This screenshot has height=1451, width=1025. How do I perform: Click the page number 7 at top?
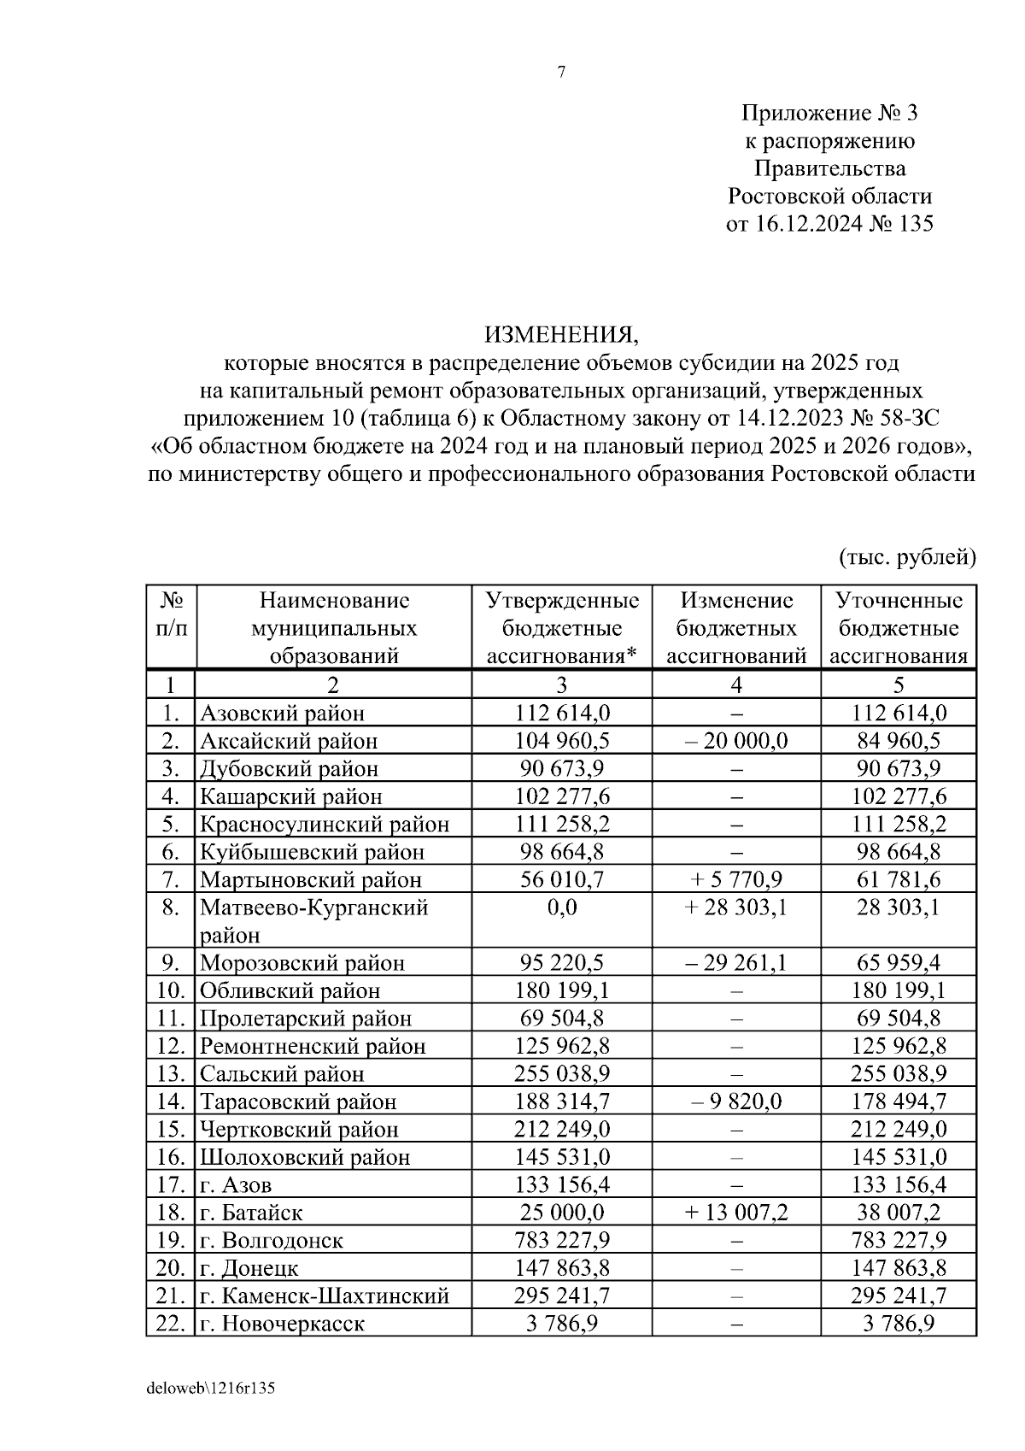point(561,73)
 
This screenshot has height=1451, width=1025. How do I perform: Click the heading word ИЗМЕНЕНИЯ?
point(561,333)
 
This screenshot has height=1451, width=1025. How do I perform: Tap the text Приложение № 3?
point(829,114)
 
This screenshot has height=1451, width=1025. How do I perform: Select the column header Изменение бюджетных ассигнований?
point(736,628)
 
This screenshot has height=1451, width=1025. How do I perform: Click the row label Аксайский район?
point(289,741)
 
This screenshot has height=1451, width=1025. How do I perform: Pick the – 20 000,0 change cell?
point(736,740)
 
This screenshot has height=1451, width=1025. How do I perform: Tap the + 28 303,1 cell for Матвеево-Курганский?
point(736,907)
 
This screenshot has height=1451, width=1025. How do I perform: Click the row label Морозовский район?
point(302,963)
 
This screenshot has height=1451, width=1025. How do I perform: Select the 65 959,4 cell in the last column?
point(899,963)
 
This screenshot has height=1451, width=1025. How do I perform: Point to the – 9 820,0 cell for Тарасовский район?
point(736,1101)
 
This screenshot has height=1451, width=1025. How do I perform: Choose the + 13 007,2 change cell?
point(736,1212)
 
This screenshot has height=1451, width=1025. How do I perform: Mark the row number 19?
point(171,1240)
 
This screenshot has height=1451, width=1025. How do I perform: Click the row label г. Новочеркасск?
point(282,1324)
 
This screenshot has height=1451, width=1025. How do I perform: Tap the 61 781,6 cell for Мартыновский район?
point(899,879)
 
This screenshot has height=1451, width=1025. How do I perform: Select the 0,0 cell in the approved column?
point(562,907)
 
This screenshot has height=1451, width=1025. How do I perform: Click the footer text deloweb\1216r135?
point(211,1389)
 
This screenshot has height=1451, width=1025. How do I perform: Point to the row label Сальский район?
point(282,1074)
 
